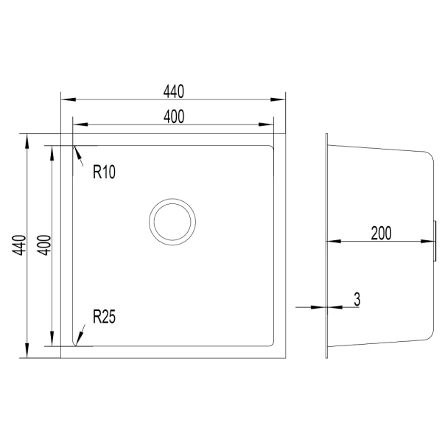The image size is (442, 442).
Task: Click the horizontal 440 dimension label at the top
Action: coord(174,91)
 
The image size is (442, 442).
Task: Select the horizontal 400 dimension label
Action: coord(174,116)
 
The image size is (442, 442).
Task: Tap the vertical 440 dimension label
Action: coord(19,245)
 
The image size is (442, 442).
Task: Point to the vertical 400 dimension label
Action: coord(44,245)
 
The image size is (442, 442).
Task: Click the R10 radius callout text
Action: coord(104,172)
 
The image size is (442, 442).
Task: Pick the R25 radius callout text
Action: coord(104,317)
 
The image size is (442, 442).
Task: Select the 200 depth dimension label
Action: coord(381,233)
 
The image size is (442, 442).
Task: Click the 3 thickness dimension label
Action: coord(357,299)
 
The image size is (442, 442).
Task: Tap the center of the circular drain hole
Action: coord(172,222)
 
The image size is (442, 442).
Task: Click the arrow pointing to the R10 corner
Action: coord(79,156)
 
